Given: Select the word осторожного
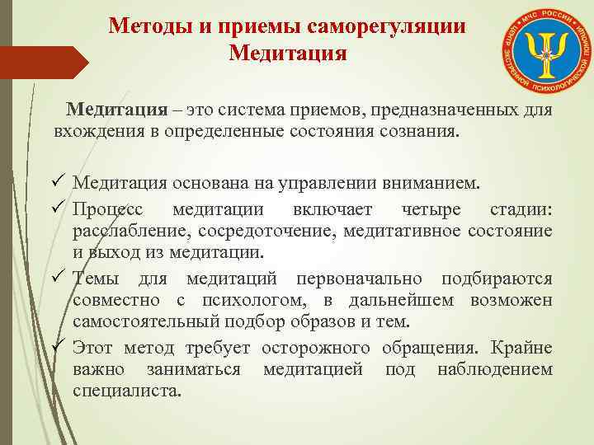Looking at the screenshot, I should [320, 346].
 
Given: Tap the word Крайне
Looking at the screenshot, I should [522, 346].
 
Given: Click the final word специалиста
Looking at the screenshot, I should [125, 391].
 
